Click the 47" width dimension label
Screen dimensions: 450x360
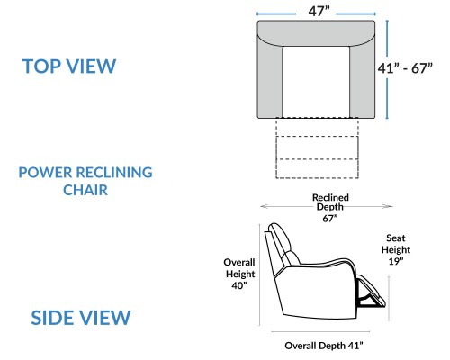319,12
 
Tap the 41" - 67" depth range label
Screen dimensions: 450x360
405,68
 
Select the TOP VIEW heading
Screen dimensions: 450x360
69,67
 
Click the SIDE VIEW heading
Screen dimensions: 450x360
81,318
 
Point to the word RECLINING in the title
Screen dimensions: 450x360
114,173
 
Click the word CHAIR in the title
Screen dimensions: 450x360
85,190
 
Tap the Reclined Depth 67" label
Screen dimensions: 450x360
330,208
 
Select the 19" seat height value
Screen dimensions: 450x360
396,261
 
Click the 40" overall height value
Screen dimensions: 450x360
239,285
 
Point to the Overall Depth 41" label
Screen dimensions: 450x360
324,346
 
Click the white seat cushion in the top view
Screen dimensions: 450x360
316,82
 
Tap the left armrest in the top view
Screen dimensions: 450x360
270,79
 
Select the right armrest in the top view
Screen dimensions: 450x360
363,79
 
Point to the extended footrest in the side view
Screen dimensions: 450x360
372,292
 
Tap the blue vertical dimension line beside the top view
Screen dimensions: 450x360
387,69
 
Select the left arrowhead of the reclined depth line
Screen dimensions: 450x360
264,206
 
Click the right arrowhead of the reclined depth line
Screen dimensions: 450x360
389,206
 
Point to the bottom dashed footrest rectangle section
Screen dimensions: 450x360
317,168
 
